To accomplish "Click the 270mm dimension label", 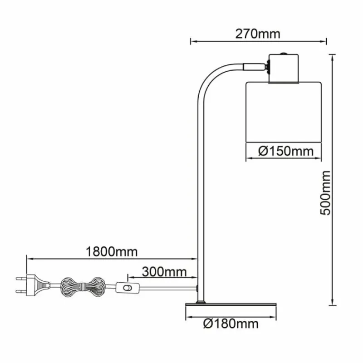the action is [x=258, y=34].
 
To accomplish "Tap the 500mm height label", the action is [x=325, y=193].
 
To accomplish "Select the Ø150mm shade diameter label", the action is [x=286, y=151].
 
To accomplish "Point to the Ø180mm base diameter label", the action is [x=231, y=324].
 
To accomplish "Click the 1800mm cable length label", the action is [x=112, y=251].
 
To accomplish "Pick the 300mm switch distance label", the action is [x=164, y=272].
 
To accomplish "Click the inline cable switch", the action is [x=128, y=288].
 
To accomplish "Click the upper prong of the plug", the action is [x=21, y=279].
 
